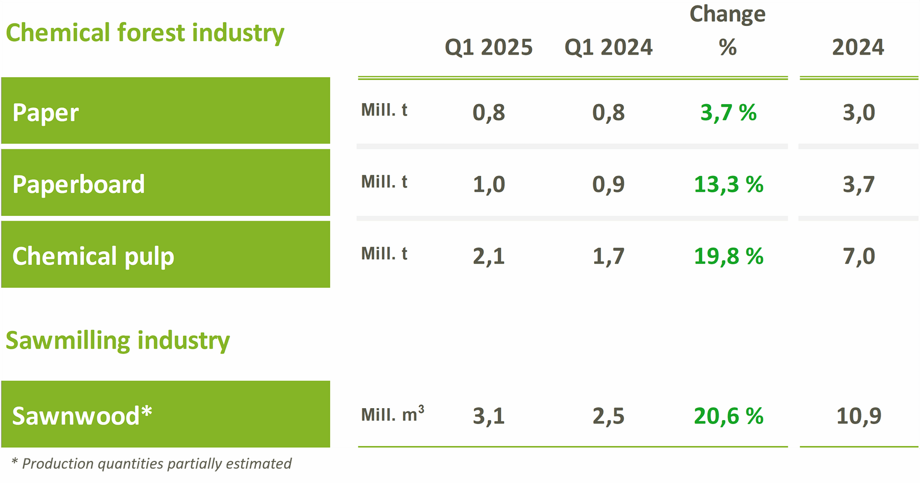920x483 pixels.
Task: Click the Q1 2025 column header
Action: pos(488,47)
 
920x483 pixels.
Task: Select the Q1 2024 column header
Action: pos(608,47)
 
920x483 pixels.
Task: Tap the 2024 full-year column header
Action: pos(858,47)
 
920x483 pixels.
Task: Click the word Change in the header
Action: pos(727,14)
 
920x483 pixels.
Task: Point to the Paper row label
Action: pos(46,113)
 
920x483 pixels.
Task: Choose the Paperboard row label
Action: pos(79,185)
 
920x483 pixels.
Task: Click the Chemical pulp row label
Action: pos(93,257)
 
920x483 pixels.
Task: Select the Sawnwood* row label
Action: pos(82,416)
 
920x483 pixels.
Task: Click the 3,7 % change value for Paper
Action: pos(728,113)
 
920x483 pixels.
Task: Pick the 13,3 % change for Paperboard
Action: pos(728,185)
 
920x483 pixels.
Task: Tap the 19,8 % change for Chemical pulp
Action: pos(728,256)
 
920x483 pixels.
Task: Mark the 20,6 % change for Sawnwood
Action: pos(728,416)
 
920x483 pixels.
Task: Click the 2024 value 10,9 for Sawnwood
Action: pos(859,416)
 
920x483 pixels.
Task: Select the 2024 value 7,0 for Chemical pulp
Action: pos(859,256)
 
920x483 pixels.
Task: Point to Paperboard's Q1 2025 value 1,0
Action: pos(489,185)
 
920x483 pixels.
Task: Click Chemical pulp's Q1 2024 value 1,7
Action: pos(609,256)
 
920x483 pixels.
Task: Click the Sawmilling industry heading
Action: pos(118,341)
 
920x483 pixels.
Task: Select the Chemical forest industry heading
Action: pos(145,33)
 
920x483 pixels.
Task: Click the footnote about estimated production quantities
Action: pos(151,464)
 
